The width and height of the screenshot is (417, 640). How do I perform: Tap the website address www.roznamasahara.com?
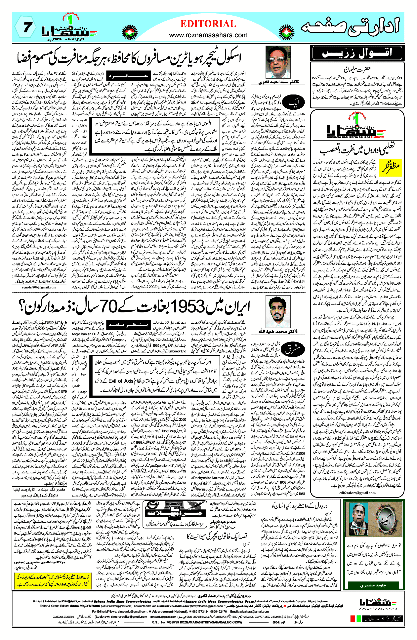208,35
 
